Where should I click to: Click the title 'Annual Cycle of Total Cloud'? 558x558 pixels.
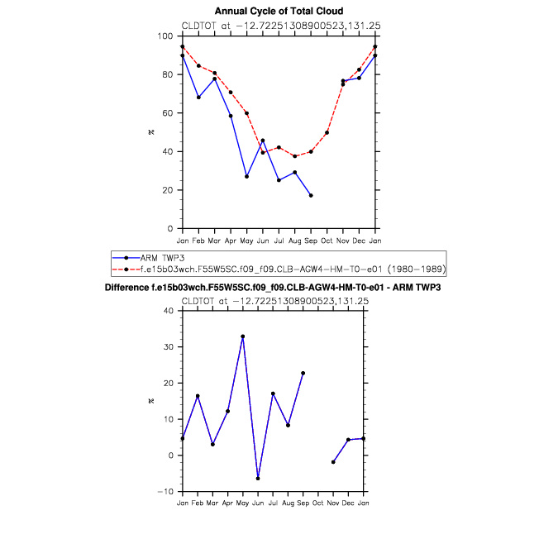coord(279,11)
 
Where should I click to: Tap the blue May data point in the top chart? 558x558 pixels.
coord(246,176)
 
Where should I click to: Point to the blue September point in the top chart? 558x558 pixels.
coord(311,195)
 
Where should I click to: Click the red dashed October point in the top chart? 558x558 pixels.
coord(327,132)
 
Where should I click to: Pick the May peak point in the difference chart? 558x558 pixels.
coord(243,336)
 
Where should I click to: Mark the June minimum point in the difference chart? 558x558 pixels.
coord(259,479)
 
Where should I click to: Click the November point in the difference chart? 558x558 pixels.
coord(332,462)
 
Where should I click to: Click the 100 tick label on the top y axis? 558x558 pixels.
coord(165,36)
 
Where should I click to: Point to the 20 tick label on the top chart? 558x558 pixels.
coord(168,190)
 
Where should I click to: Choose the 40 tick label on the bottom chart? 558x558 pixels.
coord(168,311)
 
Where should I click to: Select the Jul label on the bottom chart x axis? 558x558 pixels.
coord(273,503)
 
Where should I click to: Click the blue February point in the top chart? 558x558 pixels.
coord(198,97)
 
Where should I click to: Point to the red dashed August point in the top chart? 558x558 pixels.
coord(295,156)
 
